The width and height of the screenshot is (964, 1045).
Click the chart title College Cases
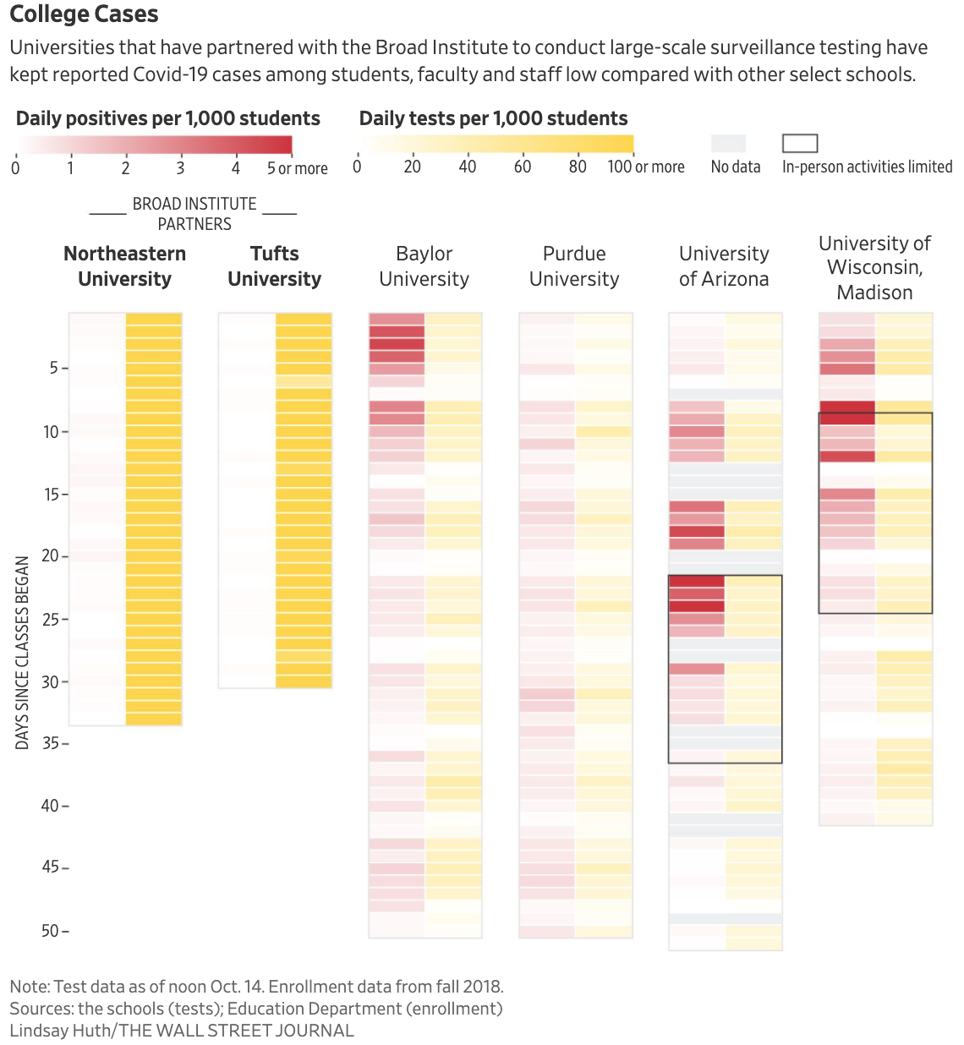(84, 14)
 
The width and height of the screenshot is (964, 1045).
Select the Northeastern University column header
(124, 266)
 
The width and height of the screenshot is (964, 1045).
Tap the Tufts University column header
(274, 266)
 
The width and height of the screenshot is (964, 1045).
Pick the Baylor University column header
(424, 266)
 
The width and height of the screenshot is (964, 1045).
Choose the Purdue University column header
(574, 266)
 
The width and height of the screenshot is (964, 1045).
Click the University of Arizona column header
(724, 266)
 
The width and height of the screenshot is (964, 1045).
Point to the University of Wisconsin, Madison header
(874, 268)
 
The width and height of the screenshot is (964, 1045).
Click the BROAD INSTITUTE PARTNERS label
(194, 214)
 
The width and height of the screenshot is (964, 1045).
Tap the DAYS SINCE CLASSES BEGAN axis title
(23, 652)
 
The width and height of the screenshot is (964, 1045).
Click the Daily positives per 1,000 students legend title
(167, 118)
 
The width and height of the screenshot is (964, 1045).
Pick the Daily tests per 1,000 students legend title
(493, 118)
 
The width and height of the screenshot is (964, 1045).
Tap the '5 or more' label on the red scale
(297, 168)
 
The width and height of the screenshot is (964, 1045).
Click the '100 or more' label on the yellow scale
(645, 167)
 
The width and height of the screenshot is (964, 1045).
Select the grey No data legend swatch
(728, 143)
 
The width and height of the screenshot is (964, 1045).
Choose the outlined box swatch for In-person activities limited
(799, 143)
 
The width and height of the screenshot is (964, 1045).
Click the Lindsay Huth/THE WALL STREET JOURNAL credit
(181, 1030)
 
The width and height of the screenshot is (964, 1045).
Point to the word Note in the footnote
(29, 987)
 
